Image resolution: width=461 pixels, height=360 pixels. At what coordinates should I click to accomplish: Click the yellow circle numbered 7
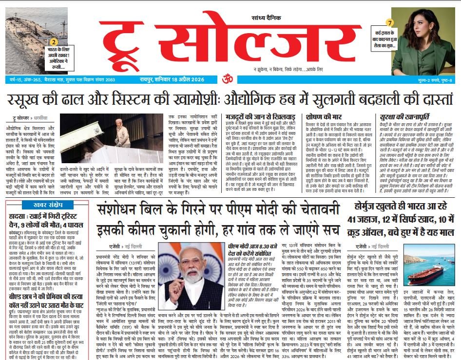pos(389,22)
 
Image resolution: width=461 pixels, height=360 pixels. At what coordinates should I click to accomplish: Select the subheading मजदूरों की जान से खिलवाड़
pos(254,117)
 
